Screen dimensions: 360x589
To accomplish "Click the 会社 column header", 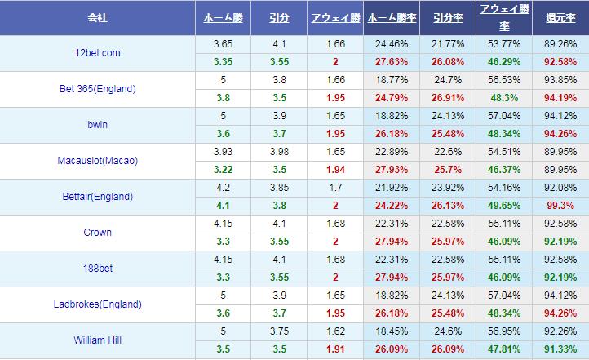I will pos(98,17).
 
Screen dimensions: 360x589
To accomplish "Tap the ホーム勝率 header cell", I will pos(390,17).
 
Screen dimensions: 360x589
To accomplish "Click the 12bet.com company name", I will pos(97,53).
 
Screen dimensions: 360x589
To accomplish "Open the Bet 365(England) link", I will pos(98,89).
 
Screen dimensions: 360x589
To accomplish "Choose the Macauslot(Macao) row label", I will pos(97,161).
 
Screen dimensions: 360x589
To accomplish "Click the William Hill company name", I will pos(97,340).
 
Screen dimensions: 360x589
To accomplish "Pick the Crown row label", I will pos(97,233).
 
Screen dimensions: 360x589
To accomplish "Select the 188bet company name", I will pos(97,269).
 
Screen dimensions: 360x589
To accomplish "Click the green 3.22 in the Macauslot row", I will pos(220,170).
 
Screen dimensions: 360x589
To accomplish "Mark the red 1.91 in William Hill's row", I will pos(330,349).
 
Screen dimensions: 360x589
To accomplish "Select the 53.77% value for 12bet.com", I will pos(502,45).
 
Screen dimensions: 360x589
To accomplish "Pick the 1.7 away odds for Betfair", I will pos(330,189).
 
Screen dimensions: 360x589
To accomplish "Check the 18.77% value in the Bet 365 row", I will pos(390,81).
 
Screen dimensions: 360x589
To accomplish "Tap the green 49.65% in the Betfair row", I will pos(502,206).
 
